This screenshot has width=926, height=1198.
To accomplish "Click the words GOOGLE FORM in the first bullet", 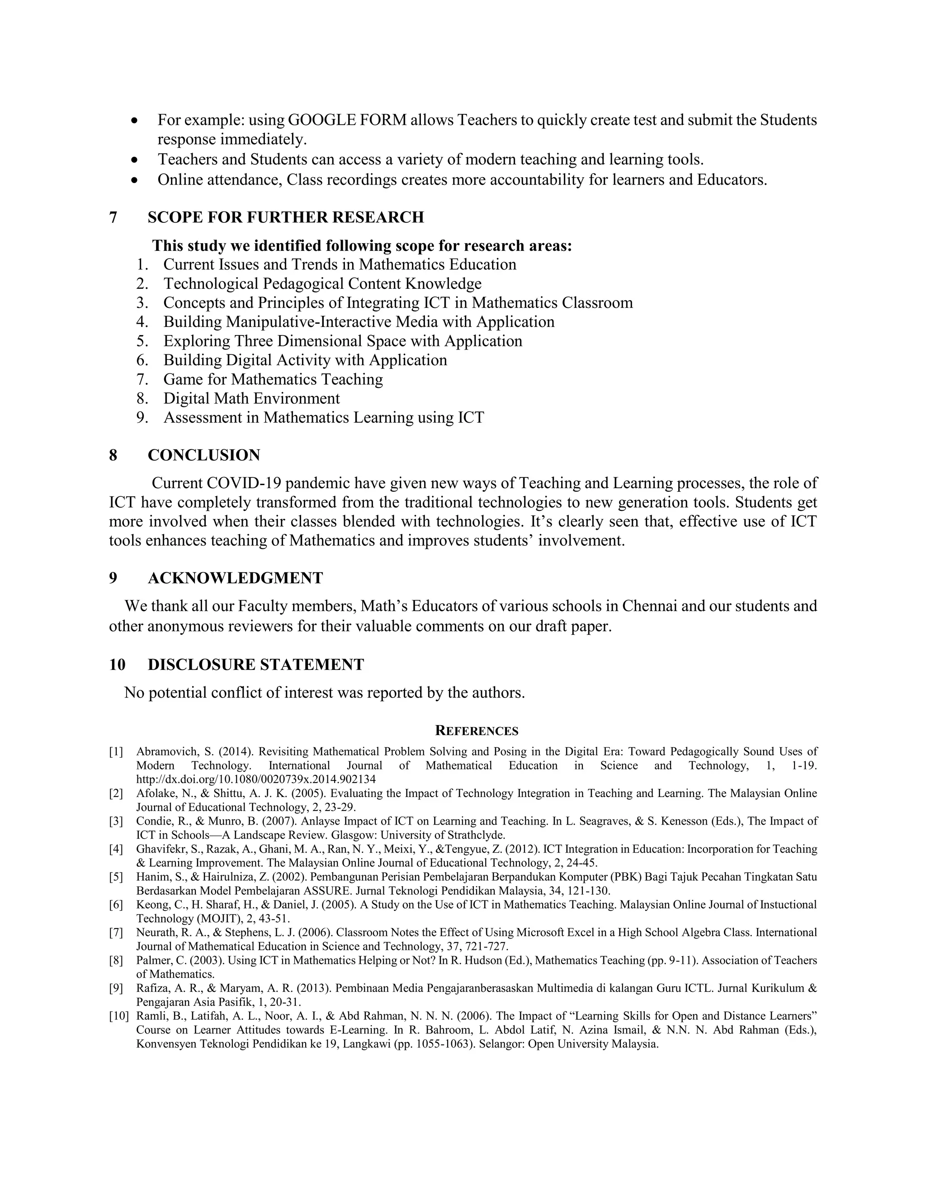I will pyautogui.click(x=347, y=120).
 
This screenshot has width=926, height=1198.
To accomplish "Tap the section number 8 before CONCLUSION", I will pyautogui.click(x=113, y=455).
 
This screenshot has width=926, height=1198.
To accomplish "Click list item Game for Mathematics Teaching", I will pyautogui.click(x=273, y=380).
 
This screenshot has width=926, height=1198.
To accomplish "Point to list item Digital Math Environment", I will pyautogui.click(x=251, y=399).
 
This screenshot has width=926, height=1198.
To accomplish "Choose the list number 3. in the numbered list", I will pyautogui.click(x=142, y=303).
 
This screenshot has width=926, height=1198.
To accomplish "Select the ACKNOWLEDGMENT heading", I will pyautogui.click(x=235, y=578).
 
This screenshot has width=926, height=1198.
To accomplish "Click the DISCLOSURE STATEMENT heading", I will pyautogui.click(x=255, y=665).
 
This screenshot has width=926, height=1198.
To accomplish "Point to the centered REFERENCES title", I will pyautogui.click(x=476, y=731).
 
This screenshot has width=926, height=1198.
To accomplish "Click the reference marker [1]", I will pyautogui.click(x=116, y=751).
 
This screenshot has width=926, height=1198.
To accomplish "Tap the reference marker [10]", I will pyautogui.click(x=118, y=1016).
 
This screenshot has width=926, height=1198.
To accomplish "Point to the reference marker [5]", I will pyautogui.click(x=116, y=877).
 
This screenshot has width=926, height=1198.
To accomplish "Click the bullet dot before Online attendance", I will pyautogui.click(x=135, y=180).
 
